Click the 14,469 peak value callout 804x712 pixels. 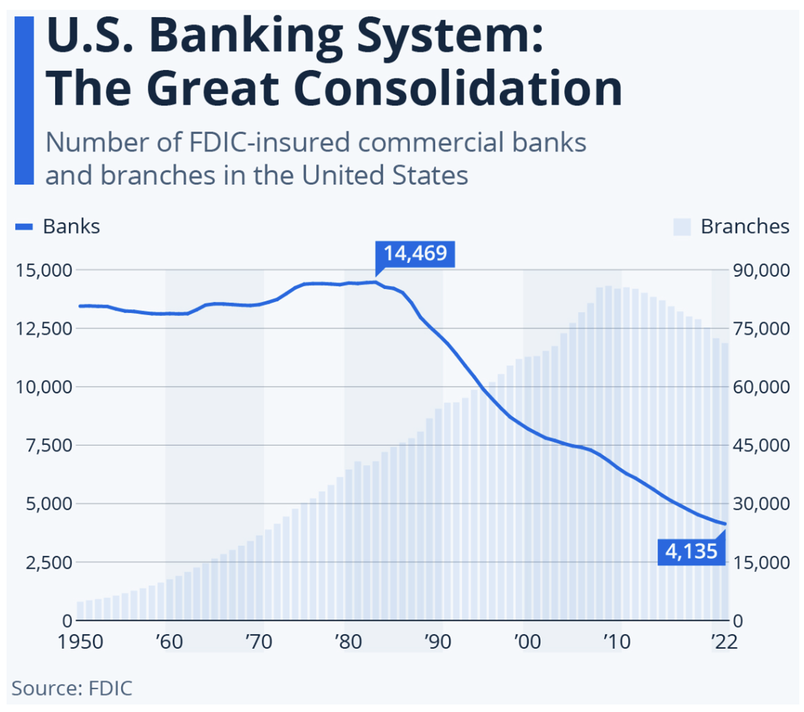pos(415,254)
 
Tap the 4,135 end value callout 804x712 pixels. pos(691,551)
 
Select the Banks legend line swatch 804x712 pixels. pos(24,227)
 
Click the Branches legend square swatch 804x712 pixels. pos(682,227)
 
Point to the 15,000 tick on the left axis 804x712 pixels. pos(44,271)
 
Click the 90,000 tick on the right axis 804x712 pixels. pos(761,271)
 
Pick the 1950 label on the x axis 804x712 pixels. pos(80,642)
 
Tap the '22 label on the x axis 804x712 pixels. pos(724,642)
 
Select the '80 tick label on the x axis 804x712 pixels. pos(348,642)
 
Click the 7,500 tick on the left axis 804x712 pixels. pos(49,446)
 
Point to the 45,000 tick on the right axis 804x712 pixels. pos(761,446)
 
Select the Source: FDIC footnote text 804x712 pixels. pos(72,688)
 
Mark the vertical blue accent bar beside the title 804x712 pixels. pos(24,100)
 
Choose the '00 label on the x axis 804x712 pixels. pos(527,642)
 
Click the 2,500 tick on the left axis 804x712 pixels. pos(49,562)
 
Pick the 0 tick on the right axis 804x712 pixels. pos(738,621)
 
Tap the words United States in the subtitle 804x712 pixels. pos(385,175)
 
